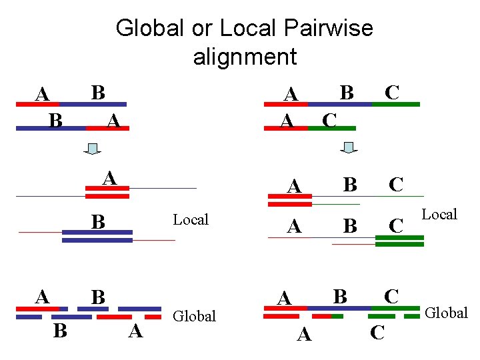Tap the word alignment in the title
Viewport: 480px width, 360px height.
(245, 57)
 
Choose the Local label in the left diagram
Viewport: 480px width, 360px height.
(191, 219)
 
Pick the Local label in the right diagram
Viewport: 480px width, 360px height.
(439, 214)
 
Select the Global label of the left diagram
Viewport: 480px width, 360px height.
(194, 316)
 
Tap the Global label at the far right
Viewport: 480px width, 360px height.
(447, 312)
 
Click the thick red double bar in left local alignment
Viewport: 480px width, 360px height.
(107, 193)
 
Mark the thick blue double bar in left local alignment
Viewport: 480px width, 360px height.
(97, 236)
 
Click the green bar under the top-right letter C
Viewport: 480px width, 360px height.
(396, 105)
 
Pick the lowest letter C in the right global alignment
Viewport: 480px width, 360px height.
(377, 332)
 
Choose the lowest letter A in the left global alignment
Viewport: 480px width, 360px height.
(136, 331)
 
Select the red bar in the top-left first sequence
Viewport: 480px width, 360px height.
(37, 105)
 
